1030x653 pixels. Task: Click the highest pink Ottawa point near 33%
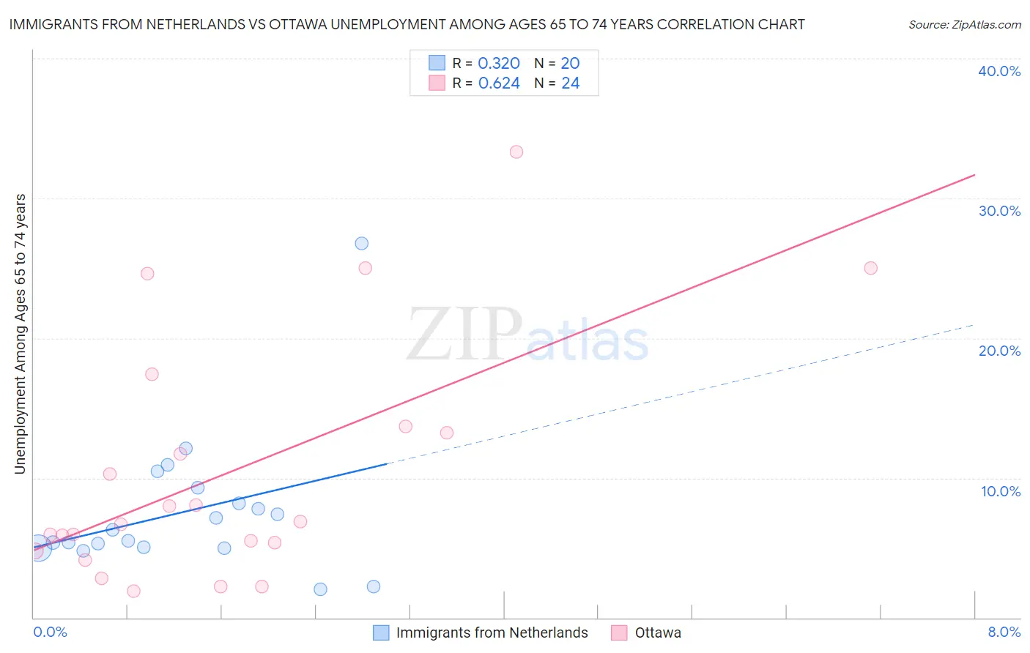click(516, 152)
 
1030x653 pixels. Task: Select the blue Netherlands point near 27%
click(362, 244)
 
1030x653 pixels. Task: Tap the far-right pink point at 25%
click(870, 268)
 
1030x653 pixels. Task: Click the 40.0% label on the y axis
click(999, 72)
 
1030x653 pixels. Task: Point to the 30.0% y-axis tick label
click(999, 212)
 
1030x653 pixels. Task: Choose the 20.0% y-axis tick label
click(999, 351)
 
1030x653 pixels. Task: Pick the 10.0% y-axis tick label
click(1001, 491)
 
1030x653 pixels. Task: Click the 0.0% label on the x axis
click(50, 633)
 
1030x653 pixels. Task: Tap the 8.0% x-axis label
click(1004, 633)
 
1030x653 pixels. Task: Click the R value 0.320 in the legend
click(499, 64)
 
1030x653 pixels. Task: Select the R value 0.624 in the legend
click(499, 83)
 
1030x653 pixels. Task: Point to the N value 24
click(571, 83)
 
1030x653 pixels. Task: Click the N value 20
click(571, 64)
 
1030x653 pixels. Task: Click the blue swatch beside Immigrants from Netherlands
click(381, 633)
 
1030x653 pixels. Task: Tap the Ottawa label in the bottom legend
click(658, 633)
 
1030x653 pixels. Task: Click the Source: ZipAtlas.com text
click(964, 25)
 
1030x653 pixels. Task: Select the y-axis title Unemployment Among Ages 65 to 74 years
click(21, 334)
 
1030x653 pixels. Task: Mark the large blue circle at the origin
click(39, 548)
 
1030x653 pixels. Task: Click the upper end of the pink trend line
click(974, 175)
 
